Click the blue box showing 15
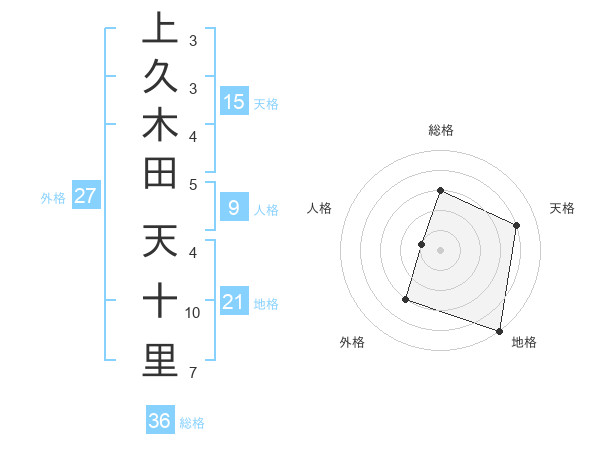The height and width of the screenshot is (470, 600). coord(234,102)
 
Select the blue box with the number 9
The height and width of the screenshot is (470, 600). coord(234,209)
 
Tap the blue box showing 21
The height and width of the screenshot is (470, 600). coord(234,302)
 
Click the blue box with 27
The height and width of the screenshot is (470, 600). coord(85,197)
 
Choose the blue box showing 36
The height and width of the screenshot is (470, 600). coord(160,421)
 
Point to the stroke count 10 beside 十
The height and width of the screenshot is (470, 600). coord(192,313)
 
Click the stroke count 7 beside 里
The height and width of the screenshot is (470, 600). coord(192,373)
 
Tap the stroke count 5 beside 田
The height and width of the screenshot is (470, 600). coord(192,184)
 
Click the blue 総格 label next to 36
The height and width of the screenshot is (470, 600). coord(192,422)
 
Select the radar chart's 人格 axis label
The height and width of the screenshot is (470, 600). coord(320,208)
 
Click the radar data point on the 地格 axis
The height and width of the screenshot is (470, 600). coord(499,330)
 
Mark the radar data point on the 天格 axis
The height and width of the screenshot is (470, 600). coord(517,225)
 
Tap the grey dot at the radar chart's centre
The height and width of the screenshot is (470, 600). coord(440,250)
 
